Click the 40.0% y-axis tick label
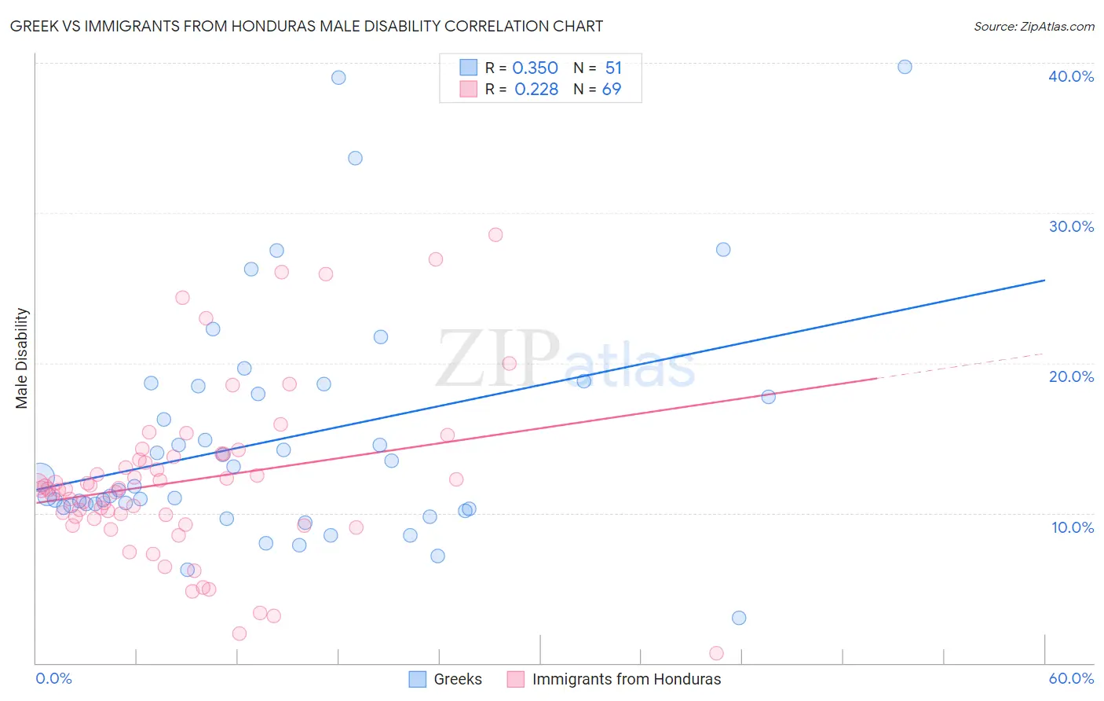[x=1070, y=76]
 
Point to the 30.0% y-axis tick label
[x=1070, y=226]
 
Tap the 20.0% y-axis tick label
[x=1070, y=376]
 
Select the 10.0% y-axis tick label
[x=1072, y=527]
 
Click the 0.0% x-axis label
[x=53, y=678]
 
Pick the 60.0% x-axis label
[x=1070, y=678]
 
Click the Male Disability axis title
[x=22, y=358]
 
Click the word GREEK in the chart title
[x=35, y=26]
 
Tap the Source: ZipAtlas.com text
[x=1033, y=26]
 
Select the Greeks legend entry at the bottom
[x=457, y=679]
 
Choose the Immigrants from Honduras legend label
[x=626, y=679]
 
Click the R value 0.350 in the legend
[x=535, y=68]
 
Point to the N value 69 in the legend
[x=611, y=90]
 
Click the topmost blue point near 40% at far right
[x=905, y=67]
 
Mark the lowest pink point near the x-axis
[x=716, y=653]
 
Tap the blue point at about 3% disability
[x=739, y=618]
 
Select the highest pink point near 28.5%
[x=495, y=234]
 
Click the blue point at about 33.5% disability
[x=355, y=158]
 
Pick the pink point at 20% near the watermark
[x=509, y=363]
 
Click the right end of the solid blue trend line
[x=1045, y=280]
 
